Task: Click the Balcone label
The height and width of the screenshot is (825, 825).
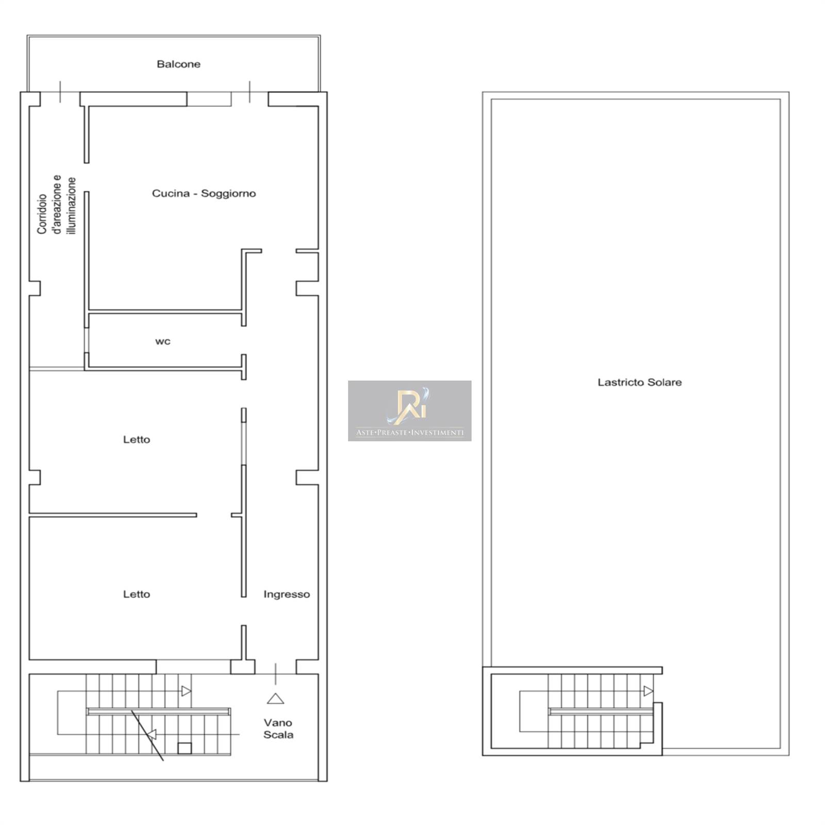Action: click(178, 64)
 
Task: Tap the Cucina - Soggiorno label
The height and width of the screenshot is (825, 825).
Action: click(204, 193)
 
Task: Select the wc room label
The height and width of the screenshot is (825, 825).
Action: click(163, 341)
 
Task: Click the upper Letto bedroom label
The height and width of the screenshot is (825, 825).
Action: click(137, 439)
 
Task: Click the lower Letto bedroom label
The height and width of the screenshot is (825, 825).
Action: click(137, 594)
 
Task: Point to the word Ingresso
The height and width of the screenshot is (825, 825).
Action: click(287, 594)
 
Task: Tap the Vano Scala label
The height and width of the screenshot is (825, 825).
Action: click(278, 729)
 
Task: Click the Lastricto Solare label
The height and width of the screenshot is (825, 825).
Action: click(639, 382)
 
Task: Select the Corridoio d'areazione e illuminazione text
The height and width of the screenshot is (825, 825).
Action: click(57, 205)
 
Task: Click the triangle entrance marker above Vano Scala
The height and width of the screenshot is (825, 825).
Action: click(275, 699)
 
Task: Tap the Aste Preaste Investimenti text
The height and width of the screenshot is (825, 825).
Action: click(409, 433)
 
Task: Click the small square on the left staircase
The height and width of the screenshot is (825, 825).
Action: click(185, 748)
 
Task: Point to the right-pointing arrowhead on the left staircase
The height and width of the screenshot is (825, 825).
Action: click(186, 690)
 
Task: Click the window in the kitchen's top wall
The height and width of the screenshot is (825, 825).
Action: click(209, 99)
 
